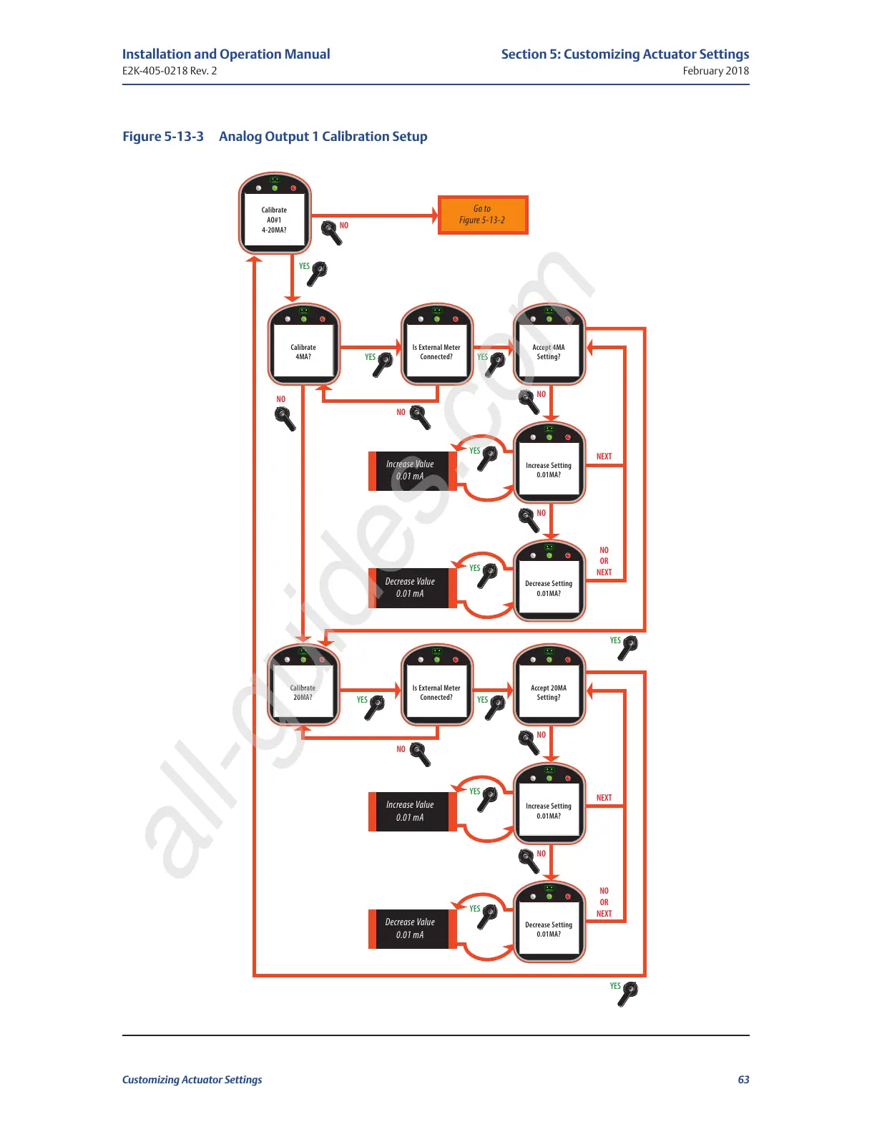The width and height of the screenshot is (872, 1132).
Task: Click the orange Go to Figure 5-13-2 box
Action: [x=482, y=215]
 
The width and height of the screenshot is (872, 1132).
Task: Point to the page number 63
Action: [x=743, y=1080]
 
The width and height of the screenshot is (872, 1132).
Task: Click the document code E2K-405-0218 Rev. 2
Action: [x=170, y=71]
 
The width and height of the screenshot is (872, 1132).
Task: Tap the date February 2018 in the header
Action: [x=715, y=71]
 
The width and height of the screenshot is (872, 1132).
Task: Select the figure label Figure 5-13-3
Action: [x=163, y=137]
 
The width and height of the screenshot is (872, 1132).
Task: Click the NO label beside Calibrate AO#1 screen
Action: [x=344, y=225]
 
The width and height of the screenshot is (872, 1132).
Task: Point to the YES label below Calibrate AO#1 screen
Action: [x=304, y=266]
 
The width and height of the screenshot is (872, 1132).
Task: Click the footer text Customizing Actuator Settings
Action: [x=192, y=1080]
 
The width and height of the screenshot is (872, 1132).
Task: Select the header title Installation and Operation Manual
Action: [x=226, y=54]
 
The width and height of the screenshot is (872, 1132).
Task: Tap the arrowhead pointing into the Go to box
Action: [x=434, y=215]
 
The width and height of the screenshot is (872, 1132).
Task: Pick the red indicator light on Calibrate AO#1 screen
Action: [x=293, y=188]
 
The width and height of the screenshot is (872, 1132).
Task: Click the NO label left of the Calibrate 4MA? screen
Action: [x=280, y=399]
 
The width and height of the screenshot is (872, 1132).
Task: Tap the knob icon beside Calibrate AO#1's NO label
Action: [x=330, y=232]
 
